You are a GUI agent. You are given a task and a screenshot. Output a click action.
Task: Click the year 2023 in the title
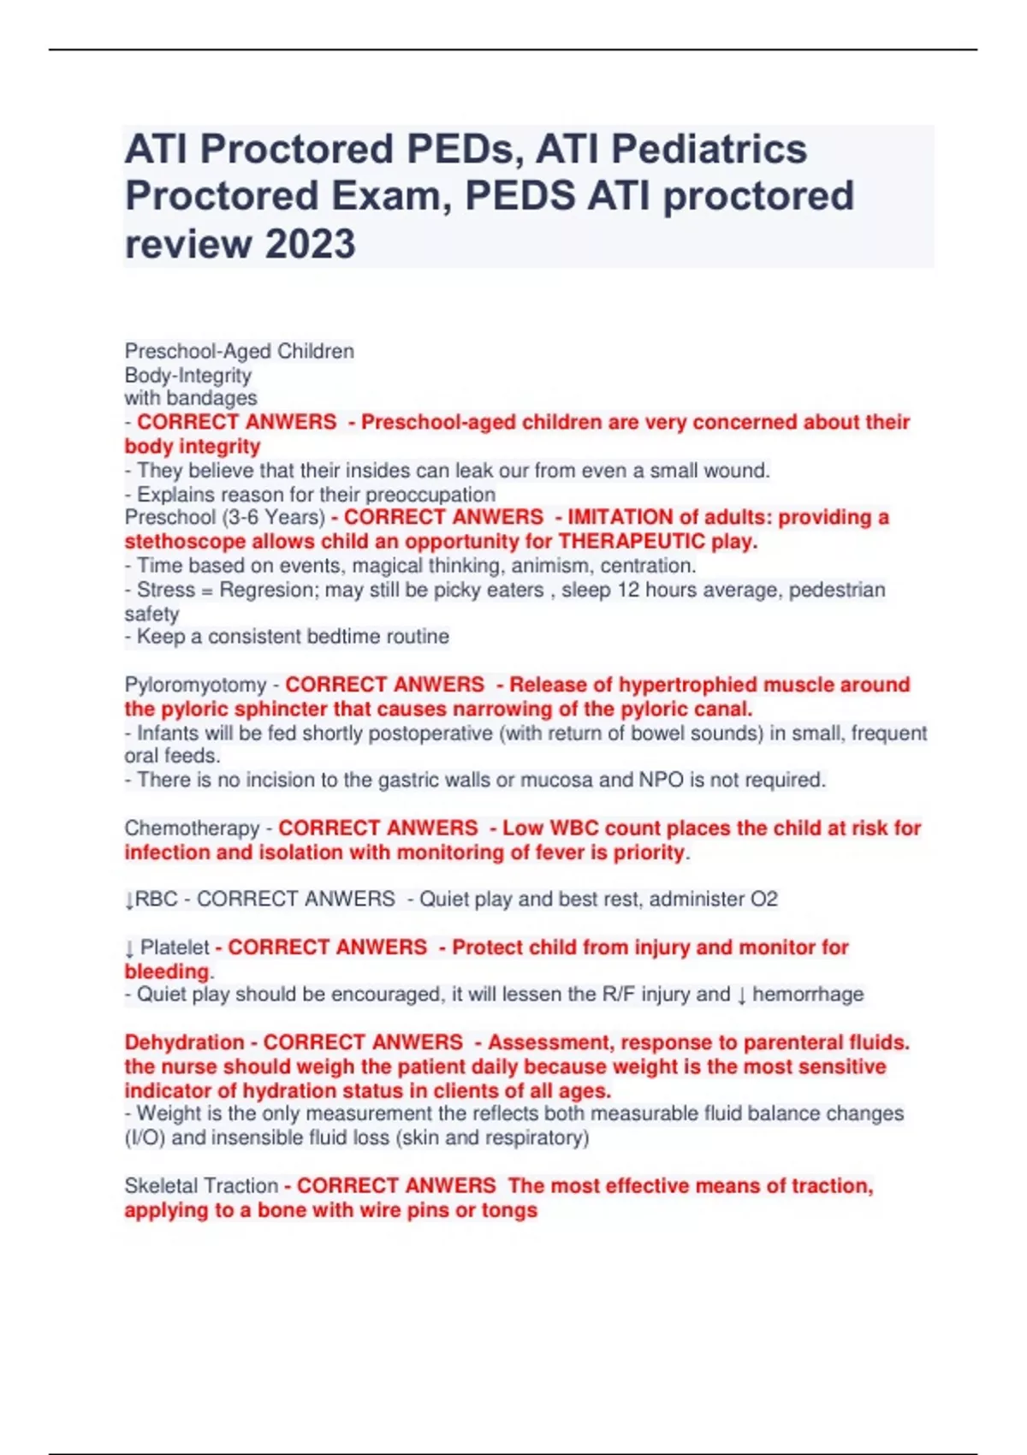(310, 243)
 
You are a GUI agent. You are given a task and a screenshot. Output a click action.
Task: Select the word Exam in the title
(390, 196)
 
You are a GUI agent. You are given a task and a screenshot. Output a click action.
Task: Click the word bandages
(211, 398)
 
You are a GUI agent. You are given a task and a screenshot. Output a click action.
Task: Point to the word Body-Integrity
(188, 375)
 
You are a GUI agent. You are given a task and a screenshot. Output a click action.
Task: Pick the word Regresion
(266, 590)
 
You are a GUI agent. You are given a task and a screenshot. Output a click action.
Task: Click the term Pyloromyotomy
(195, 685)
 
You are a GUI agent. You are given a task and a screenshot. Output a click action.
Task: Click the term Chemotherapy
(192, 828)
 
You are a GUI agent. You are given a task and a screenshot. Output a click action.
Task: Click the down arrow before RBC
(129, 900)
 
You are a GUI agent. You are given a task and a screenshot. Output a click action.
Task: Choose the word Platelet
(175, 947)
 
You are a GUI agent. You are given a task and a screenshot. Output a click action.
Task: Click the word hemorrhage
(807, 995)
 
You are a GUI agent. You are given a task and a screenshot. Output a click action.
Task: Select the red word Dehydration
(184, 1042)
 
